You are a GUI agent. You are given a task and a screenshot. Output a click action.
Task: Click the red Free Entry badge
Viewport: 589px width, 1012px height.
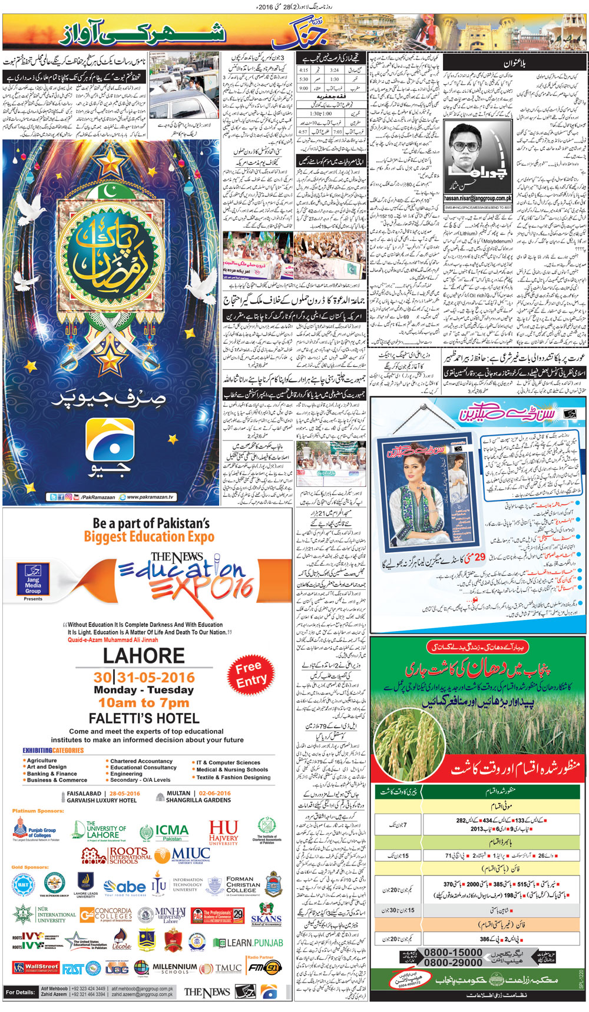pyautogui.click(x=251, y=674)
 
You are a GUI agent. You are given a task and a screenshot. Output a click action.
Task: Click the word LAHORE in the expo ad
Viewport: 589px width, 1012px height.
pyautogui.click(x=144, y=656)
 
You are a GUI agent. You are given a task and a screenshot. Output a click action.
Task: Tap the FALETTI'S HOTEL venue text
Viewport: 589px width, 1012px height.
pyautogui.click(x=144, y=718)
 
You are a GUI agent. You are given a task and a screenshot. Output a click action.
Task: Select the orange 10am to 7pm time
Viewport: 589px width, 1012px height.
pyautogui.click(x=144, y=703)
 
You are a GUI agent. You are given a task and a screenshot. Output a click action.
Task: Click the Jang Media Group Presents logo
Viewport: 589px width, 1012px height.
pyautogui.click(x=33, y=581)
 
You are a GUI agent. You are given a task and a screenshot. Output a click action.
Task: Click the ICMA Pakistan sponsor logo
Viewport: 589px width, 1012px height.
pyautogui.click(x=164, y=832)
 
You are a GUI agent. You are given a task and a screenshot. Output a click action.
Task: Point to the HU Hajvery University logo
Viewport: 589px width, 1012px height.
pyautogui.click(x=223, y=832)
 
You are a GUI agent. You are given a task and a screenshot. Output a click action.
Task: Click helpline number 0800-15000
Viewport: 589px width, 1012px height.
pyautogui.click(x=452, y=953)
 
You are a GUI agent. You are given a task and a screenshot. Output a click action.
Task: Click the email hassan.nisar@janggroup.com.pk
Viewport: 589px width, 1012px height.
pyautogui.click(x=478, y=199)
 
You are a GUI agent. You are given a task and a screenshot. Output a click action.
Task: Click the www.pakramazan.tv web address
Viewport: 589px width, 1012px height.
pyautogui.click(x=150, y=497)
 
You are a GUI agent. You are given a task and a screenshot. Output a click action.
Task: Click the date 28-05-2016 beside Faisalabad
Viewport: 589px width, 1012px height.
pyautogui.click(x=124, y=793)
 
